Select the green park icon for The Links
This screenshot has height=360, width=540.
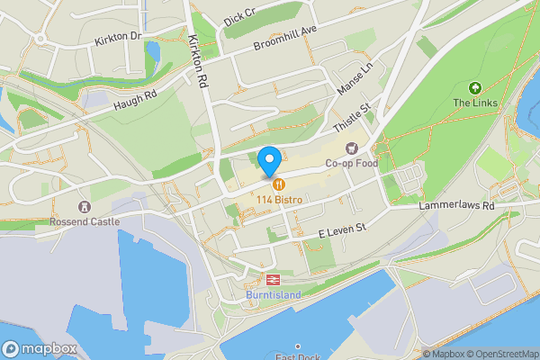tap(474, 87)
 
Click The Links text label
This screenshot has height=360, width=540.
tap(474, 103)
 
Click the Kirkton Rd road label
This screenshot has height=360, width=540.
tap(200, 62)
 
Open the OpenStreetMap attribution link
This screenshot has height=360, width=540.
tap(500, 354)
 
